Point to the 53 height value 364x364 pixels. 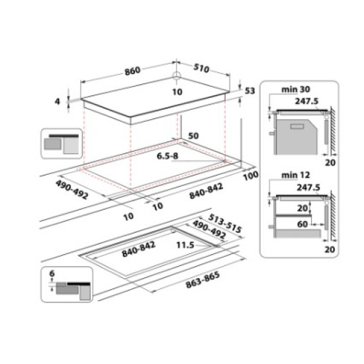[250, 91]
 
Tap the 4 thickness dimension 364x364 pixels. [58, 101]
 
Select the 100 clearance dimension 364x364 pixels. [250, 175]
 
